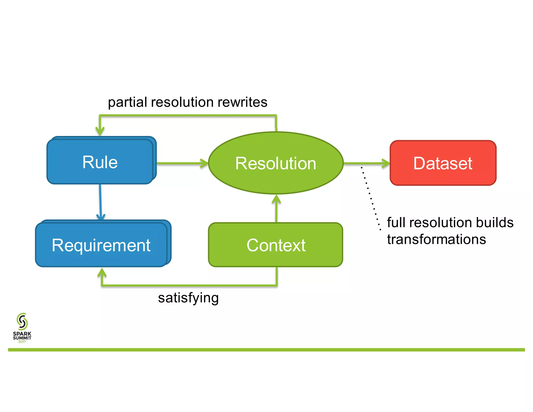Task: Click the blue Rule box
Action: (100, 161)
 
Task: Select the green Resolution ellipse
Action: (276, 163)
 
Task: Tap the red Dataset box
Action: (443, 163)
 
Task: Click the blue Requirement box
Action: (101, 245)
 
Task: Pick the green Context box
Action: (276, 245)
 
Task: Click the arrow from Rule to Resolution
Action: (182, 163)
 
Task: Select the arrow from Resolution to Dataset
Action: (367, 163)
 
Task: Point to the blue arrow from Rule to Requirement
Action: (100, 202)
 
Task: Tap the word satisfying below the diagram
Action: (188, 298)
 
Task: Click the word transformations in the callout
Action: (436, 239)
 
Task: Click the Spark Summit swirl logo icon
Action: (22, 321)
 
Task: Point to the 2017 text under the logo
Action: (22, 342)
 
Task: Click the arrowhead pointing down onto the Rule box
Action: (100, 131)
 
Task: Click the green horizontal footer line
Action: (266, 350)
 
